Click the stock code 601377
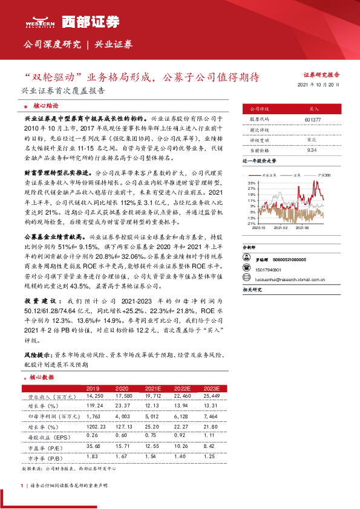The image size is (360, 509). pyautogui.click(x=313, y=120)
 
